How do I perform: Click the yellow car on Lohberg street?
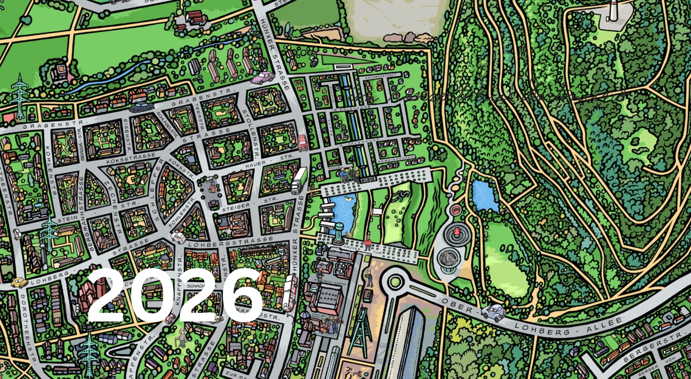19,283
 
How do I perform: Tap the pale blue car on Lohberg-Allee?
493,312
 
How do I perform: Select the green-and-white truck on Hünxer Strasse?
299,180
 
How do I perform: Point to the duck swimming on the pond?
349,199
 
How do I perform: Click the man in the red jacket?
368,242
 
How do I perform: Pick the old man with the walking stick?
182,337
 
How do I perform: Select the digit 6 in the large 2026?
242,295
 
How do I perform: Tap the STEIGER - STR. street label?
250,205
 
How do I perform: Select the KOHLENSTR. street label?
51,170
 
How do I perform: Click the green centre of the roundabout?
395,282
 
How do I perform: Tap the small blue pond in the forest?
485,195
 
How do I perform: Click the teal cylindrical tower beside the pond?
339,232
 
